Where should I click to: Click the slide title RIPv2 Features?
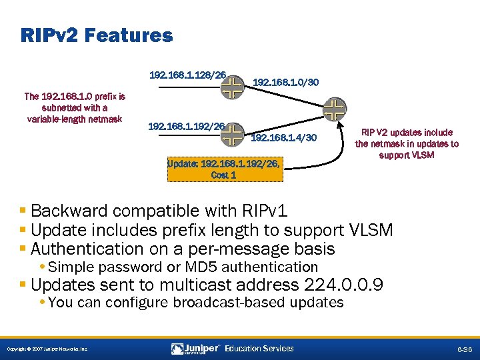[x=97, y=35]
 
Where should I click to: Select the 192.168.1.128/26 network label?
[x=187, y=75]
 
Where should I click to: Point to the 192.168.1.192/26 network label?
[x=186, y=125]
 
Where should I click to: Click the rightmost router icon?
[x=334, y=109]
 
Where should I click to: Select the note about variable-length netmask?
[x=74, y=108]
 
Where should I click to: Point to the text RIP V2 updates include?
[x=407, y=133]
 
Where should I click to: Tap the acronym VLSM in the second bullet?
[x=371, y=230]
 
